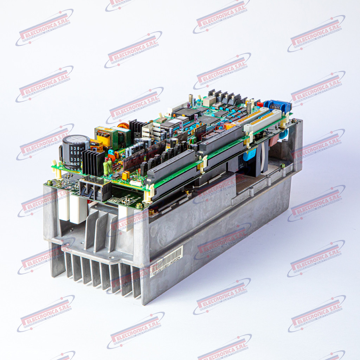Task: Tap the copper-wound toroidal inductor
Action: click(x=123, y=126)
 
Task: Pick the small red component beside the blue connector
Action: click(x=260, y=104)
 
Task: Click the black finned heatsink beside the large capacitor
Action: click(x=92, y=163)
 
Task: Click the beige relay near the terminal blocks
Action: click(x=209, y=101)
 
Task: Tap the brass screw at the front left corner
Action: click(x=50, y=182)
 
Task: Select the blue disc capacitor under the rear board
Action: click(x=283, y=134)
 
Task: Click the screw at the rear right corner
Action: click(x=293, y=121)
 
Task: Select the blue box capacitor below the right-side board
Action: click(x=249, y=154)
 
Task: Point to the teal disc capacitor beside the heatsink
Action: click(x=111, y=152)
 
